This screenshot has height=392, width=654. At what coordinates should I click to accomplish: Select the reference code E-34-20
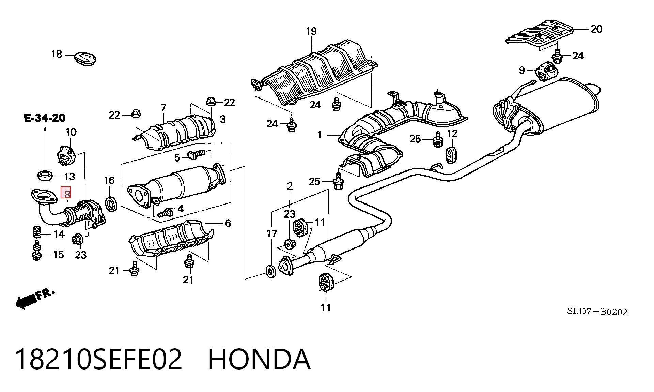45,118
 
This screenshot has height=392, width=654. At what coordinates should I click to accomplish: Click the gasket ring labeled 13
45,175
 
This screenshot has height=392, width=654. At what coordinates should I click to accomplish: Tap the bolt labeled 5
196,155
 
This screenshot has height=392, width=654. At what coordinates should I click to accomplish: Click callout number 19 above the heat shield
311,31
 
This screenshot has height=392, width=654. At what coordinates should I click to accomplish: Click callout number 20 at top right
596,29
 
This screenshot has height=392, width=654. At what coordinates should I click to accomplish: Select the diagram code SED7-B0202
597,312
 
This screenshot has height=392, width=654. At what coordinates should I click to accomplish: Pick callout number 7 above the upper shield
163,108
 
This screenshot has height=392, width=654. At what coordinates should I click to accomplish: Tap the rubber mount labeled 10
65,155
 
